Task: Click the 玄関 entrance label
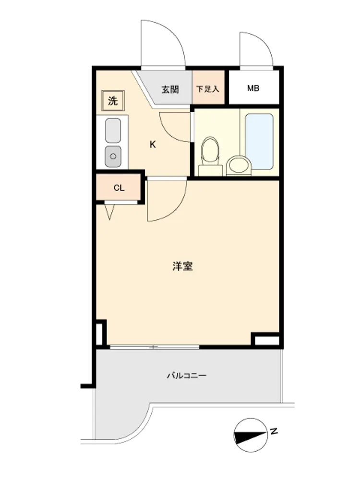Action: [170, 89]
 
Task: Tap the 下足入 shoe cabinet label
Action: [207, 89]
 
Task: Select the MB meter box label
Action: [253, 88]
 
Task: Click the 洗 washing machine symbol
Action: [113, 100]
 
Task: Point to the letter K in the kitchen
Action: [153, 144]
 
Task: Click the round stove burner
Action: [113, 156]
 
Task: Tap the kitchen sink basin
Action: [113, 131]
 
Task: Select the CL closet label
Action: [119, 188]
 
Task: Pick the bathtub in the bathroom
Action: [259, 142]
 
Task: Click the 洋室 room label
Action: [182, 266]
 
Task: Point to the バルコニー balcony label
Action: [186, 375]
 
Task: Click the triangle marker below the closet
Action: [109, 212]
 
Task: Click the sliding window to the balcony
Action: [155, 347]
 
